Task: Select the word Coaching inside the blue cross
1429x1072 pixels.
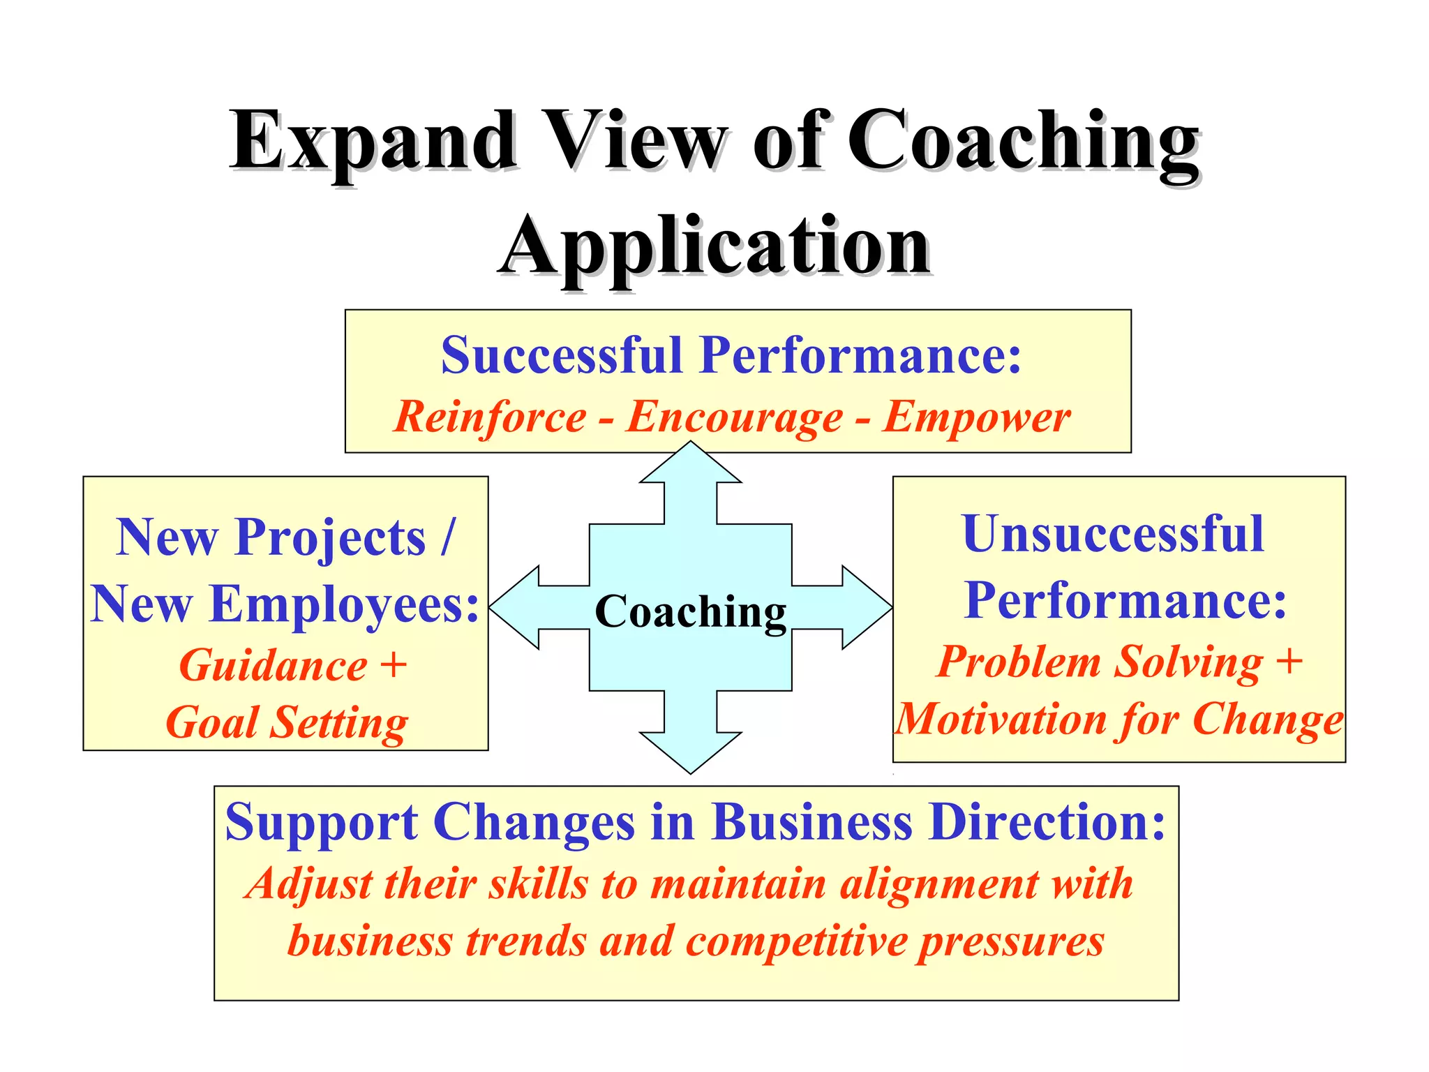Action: pos(690,612)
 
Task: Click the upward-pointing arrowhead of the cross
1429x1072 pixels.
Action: pos(690,463)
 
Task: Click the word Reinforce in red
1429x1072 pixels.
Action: pos(490,417)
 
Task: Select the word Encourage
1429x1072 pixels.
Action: pos(734,417)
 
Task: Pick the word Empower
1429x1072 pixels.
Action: pos(976,417)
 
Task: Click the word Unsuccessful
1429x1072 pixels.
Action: pos(1112,535)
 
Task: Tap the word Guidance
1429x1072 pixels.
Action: pos(273,665)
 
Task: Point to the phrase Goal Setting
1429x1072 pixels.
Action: pos(287,722)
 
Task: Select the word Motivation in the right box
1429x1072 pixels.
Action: pos(1000,720)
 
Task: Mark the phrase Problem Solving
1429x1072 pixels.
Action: pos(1099,662)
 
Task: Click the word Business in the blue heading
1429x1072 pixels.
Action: pos(811,822)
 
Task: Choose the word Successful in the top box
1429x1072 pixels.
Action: pos(561,356)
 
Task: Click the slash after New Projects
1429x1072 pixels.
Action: pos(447,537)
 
